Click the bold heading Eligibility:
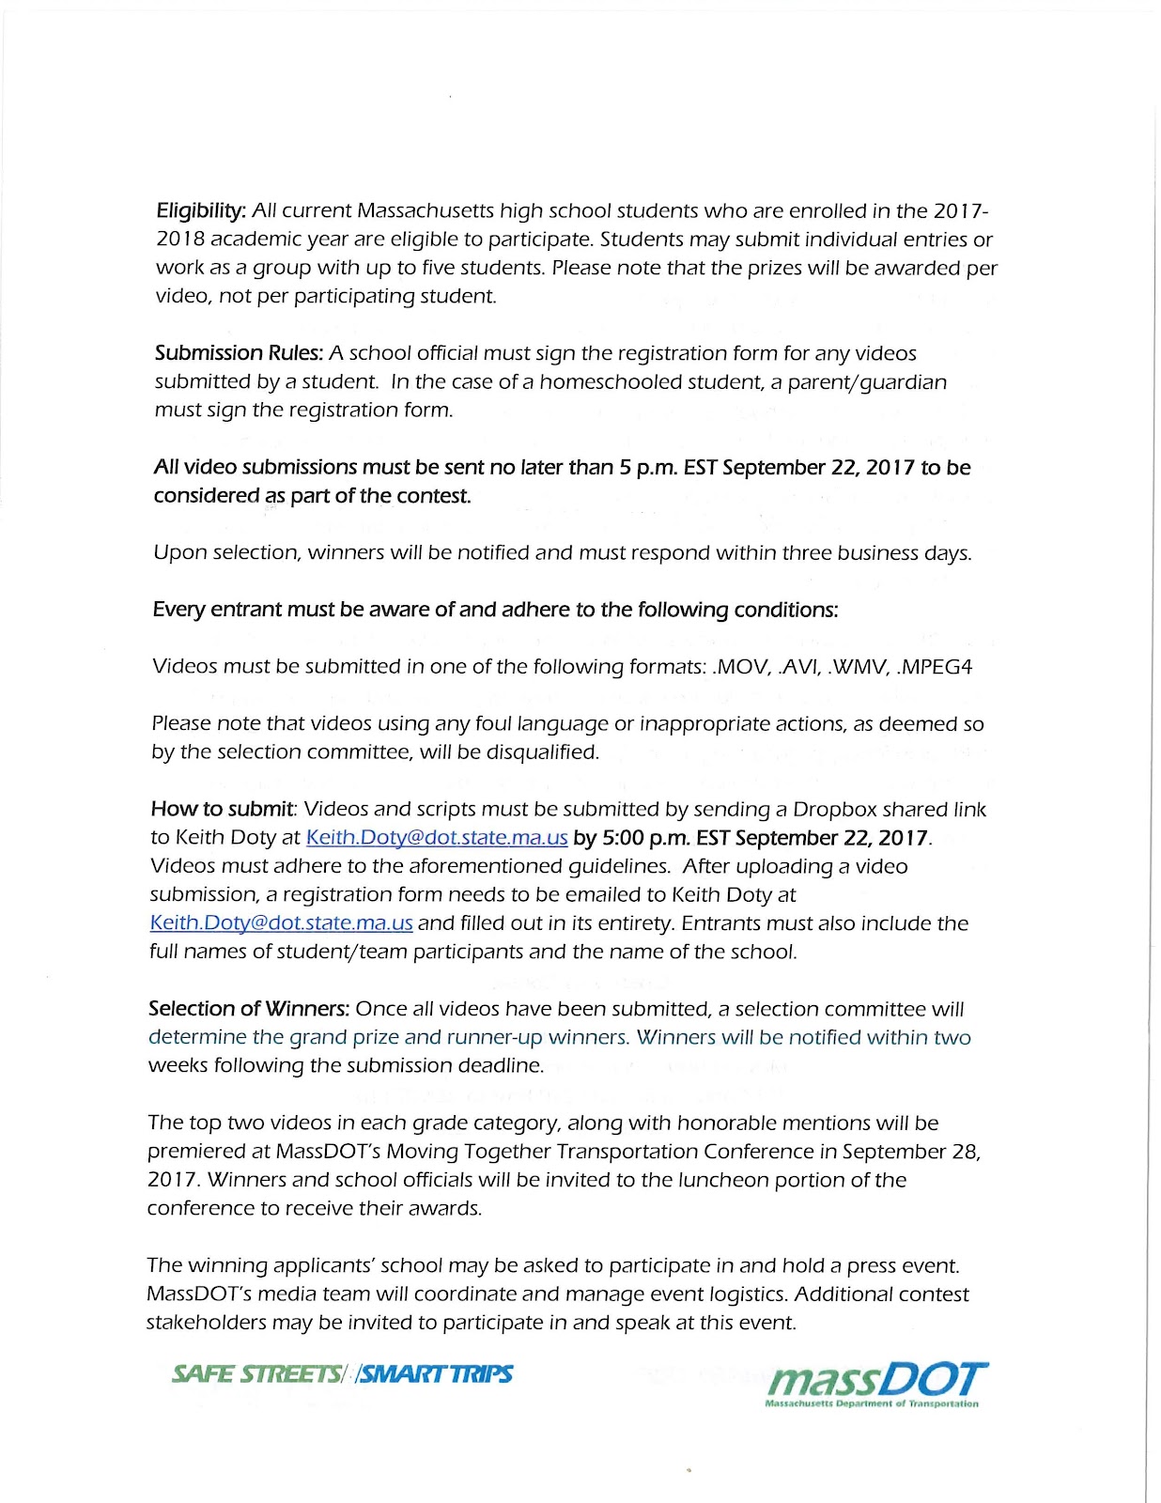(201, 211)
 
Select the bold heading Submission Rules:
(239, 354)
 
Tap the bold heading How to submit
(223, 810)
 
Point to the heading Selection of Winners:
(249, 1009)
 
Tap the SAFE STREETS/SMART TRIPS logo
(342, 1374)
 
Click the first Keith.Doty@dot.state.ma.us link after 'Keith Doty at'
(437, 838)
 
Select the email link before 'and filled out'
(281, 923)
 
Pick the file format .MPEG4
(935, 667)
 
